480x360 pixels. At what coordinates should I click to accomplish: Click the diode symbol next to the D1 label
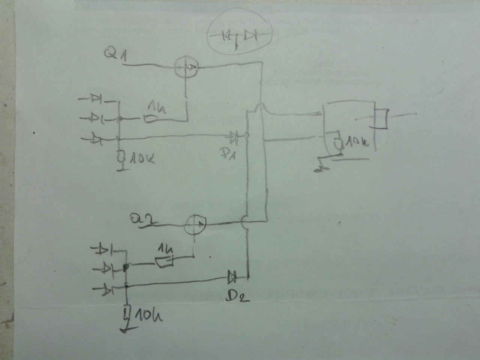point(235,138)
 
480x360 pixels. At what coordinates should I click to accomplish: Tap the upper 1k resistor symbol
point(152,119)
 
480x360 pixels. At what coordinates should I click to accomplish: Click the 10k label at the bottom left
point(147,317)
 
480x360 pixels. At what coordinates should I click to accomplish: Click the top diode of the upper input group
point(95,99)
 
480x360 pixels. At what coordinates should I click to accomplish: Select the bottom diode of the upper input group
point(96,140)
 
